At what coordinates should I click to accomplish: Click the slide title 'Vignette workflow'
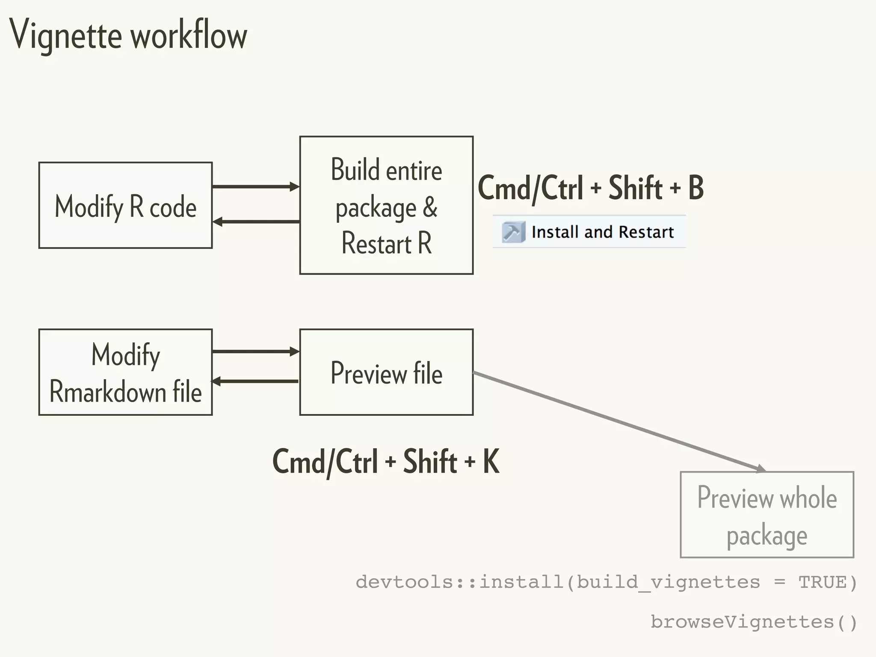(x=128, y=35)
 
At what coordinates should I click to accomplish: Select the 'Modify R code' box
(x=125, y=206)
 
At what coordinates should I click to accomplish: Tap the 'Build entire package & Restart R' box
(x=386, y=205)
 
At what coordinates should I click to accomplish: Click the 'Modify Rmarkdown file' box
(x=125, y=372)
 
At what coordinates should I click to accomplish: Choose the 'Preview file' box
(x=386, y=372)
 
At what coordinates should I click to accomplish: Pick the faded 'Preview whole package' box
(x=766, y=515)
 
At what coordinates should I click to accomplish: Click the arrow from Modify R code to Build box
(x=255, y=186)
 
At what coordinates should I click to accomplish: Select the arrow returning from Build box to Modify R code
(x=255, y=222)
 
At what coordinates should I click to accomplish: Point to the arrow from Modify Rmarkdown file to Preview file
(x=255, y=352)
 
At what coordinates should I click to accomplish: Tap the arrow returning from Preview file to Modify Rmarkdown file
(x=255, y=381)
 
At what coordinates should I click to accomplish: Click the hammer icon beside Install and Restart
(x=512, y=232)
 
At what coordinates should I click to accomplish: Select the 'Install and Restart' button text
(x=602, y=232)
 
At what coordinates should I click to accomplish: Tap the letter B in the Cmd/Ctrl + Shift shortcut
(x=695, y=188)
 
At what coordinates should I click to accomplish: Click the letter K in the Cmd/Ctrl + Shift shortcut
(x=491, y=462)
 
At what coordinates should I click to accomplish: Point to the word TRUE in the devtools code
(x=822, y=583)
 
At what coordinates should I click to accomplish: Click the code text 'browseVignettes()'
(x=754, y=622)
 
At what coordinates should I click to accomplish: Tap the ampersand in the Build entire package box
(x=430, y=207)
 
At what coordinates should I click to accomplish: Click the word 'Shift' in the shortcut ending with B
(x=635, y=188)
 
